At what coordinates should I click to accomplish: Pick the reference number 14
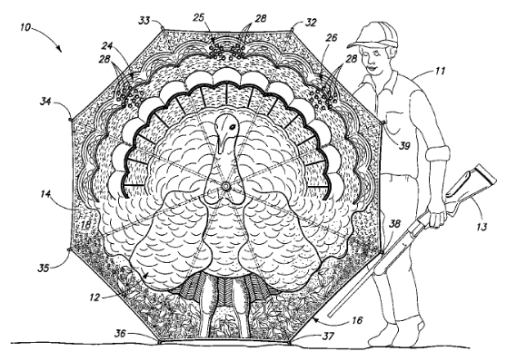click(45, 192)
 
